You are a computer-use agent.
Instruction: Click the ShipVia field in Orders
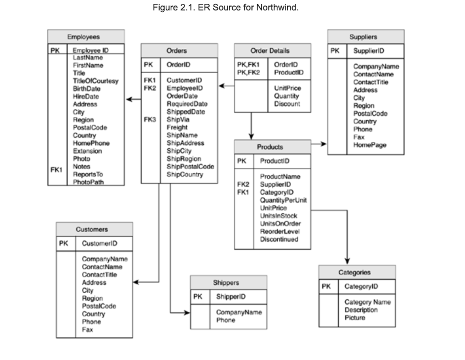point(176,119)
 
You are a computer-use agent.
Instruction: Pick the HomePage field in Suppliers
point(370,145)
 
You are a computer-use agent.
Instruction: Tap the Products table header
point(270,147)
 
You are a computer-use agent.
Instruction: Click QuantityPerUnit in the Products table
point(283,200)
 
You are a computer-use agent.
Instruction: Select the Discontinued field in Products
point(280,239)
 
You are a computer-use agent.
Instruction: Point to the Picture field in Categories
point(355,318)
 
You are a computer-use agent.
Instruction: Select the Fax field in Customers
point(87,329)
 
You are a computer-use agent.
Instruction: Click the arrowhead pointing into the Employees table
point(129,100)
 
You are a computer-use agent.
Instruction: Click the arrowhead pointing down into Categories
point(347,261)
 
